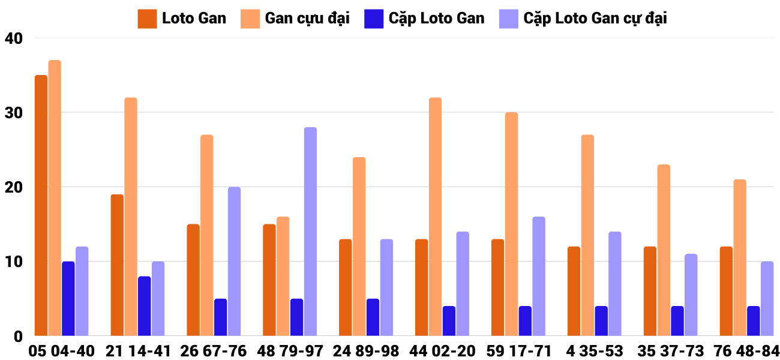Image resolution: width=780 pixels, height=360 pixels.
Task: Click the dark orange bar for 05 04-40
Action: pyautogui.click(x=41, y=205)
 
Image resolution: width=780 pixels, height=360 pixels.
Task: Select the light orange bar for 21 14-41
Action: pyautogui.click(x=131, y=217)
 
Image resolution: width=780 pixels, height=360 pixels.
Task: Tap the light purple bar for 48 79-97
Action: pyautogui.click(x=310, y=232)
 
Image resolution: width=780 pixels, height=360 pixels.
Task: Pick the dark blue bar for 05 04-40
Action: pyautogui.click(x=68, y=299)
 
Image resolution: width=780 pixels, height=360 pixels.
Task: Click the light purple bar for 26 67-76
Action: pyautogui.click(x=234, y=262)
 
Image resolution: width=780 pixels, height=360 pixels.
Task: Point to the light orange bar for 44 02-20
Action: pyautogui.click(x=436, y=217)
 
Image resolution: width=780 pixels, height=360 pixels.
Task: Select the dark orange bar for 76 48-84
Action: pyautogui.click(x=726, y=291)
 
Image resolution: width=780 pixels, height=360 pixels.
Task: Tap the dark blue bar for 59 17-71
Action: pyautogui.click(x=525, y=321)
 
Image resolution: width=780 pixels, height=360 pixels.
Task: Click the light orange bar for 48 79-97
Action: pyautogui.click(x=283, y=276)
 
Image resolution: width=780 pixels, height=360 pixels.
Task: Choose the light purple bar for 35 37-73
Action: pyautogui.click(x=691, y=295)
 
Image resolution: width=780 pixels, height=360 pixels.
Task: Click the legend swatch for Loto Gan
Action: pyautogui.click(x=147, y=19)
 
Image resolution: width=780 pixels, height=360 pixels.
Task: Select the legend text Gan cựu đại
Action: pyautogui.click(x=307, y=19)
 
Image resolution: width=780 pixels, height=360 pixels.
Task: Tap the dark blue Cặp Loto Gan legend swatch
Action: pyautogui.click(x=373, y=19)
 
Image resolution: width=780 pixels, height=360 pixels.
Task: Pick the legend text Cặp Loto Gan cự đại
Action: pyautogui.click(x=595, y=19)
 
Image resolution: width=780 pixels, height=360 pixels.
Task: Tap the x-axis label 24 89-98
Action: pyautogui.click(x=365, y=351)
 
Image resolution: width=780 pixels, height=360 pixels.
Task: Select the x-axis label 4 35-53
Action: pyautogui.click(x=594, y=351)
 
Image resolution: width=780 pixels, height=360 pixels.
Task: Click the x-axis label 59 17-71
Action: pyautogui.click(x=518, y=351)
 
